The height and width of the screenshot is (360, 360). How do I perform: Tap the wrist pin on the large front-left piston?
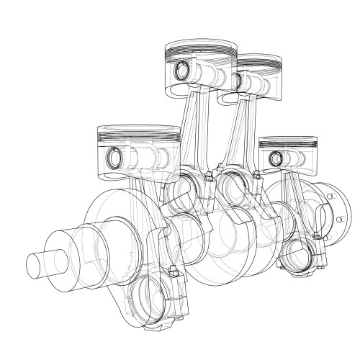pyautogui.click(x=114, y=156)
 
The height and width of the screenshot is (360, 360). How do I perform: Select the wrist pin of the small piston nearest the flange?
pyautogui.click(x=275, y=157)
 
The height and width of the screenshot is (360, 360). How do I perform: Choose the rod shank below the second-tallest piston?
pyautogui.click(x=243, y=133)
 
